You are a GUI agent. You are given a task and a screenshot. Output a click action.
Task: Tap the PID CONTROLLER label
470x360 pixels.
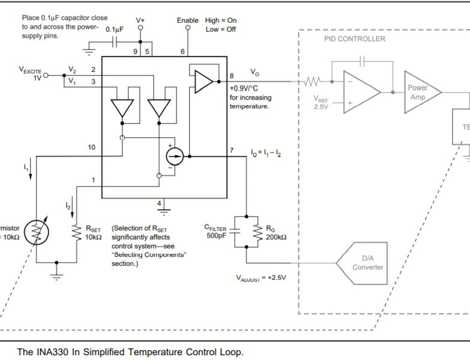(x=350, y=39)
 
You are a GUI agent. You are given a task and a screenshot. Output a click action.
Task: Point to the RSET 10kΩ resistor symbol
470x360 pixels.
(x=76, y=233)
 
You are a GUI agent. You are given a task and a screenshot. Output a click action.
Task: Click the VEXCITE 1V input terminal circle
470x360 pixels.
(x=45, y=76)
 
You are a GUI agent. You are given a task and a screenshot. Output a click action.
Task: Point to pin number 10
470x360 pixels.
(x=91, y=146)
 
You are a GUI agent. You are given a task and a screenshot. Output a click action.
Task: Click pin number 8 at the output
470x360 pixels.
(x=232, y=76)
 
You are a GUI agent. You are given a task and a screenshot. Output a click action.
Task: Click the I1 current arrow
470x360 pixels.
(x=26, y=170)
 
